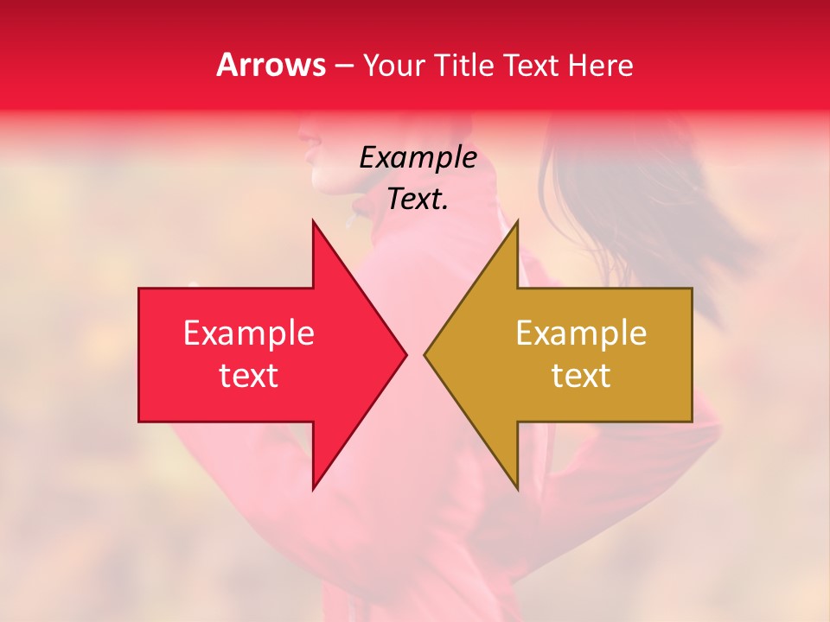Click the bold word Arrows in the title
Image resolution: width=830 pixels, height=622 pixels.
pyautogui.click(x=271, y=65)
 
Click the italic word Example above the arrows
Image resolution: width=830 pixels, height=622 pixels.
pyautogui.click(x=418, y=158)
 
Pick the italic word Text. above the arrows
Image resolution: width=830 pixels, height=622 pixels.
pyautogui.click(x=418, y=200)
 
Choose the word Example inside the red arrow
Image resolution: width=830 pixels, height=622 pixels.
pyautogui.click(x=249, y=333)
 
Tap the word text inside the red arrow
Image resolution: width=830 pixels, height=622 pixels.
pyautogui.click(x=249, y=375)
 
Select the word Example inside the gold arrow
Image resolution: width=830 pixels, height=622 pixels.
pyautogui.click(x=581, y=333)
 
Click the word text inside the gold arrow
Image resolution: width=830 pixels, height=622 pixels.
pyautogui.click(x=581, y=375)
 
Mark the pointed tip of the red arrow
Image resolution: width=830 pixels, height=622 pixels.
pyautogui.click(x=406, y=354)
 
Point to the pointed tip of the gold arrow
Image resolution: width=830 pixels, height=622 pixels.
pyautogui.click(x=424, y=354)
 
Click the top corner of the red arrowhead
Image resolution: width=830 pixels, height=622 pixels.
pyautogui.click(x=313, y=220)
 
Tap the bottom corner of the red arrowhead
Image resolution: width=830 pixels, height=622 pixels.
pyautogui.click(x=313, y=490)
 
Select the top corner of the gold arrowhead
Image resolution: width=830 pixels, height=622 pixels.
pyautogui.click(x=517, y=220)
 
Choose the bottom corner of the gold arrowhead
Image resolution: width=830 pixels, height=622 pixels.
pyautogui.click(x=517, y=490)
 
